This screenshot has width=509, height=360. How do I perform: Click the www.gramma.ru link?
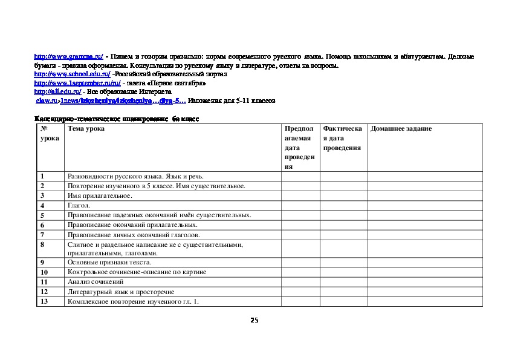click(69, 56)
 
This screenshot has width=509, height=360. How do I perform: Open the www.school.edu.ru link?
click(72, 74)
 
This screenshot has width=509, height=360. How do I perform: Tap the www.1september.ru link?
click(77, 82)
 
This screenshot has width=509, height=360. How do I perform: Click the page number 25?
click(254, 320)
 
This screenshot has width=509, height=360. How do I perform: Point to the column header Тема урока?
click(86, 129)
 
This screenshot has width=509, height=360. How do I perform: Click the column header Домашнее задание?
click(401, 129)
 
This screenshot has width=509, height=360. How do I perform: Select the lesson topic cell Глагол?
click(79, 206)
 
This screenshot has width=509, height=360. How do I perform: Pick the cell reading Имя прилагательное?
click(100, 196)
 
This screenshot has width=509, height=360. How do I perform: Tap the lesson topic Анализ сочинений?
click(96, 282)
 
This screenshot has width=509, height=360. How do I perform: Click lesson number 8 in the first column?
click(42, 244)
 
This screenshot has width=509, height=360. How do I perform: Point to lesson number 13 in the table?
click(44, 301)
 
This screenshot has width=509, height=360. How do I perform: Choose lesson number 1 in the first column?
click(42, 177)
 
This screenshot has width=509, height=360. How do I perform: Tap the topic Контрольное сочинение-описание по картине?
click(137, 272)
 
